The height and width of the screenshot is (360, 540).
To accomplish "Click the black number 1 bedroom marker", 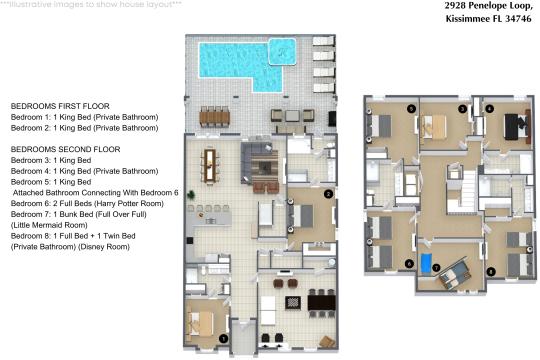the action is (x=224, y=339).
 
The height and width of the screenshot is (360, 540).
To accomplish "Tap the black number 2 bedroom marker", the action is (x=328, y=194).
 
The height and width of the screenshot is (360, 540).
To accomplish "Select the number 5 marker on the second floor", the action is (x=411, y=109).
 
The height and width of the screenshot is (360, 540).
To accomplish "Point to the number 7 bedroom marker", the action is (x=436, y=268).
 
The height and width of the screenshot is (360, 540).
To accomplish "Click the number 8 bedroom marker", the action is (x=491, y=272).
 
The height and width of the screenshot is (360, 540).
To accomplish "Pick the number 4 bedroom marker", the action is (x=489, y=109).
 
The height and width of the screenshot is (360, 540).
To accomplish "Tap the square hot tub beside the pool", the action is (x=282, y=52).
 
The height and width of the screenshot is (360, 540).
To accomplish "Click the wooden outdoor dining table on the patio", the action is (x=214, y=117).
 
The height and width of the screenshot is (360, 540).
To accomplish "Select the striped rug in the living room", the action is (x=264, y=167).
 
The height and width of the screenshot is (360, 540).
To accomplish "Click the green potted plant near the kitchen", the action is (x=190, y=195).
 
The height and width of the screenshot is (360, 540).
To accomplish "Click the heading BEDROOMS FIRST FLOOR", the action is (x=60, y=106).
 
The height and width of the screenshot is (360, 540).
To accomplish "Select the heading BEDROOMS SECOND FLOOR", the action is (x=65, y=149).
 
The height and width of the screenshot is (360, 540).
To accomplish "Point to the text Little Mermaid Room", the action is (x=49, y=225).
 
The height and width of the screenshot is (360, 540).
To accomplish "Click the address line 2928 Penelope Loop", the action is (x=488, y=6).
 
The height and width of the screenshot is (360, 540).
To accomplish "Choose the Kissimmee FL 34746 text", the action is (x=489, y=19).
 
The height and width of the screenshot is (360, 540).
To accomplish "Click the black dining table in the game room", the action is (x=322, y=303).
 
